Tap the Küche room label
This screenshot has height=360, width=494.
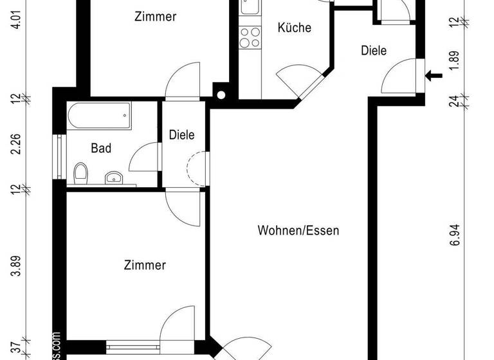[295, 28]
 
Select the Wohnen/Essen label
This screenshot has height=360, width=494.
[298, 230]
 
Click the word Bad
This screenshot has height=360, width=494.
[101, 148]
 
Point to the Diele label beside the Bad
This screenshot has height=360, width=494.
[181, 135]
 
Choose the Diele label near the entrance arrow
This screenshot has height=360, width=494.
[374, 50]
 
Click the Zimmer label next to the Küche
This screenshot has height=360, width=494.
[155, 17]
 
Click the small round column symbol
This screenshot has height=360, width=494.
[221, 95]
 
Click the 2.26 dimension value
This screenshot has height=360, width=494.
[24, 143]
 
